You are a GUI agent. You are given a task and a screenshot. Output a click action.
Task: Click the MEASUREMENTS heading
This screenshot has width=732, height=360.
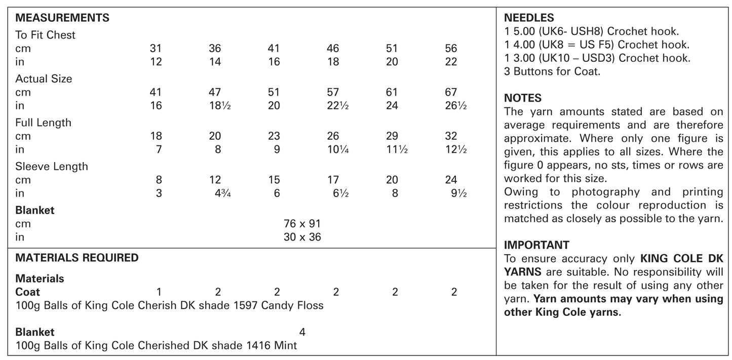pos(62,18)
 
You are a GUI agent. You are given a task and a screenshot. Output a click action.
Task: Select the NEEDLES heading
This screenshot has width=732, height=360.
pos(529,18)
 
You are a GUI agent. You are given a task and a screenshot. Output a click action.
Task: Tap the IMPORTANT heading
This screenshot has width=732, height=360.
pos(536,245)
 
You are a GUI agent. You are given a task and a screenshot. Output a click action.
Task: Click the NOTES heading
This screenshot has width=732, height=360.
pos(523,98)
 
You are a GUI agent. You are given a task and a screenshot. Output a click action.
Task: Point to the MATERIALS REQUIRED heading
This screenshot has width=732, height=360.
pos(76,258)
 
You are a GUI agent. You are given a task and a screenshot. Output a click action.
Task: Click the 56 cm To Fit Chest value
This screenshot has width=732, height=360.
pos(451,49)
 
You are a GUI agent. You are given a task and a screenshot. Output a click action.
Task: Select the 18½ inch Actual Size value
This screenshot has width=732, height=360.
pos(219,106)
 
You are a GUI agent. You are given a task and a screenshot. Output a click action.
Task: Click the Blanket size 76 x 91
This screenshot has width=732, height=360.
pos(302,224)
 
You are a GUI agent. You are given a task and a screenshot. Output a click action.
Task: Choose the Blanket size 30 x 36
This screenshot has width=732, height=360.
pos(302,237)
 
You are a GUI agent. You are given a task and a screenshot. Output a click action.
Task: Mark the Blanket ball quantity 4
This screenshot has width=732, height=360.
pos(302,332)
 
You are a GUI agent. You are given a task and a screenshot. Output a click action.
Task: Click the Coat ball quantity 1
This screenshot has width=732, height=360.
pos(159,292)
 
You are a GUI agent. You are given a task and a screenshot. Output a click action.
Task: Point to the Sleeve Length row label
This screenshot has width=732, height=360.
pos(51,167)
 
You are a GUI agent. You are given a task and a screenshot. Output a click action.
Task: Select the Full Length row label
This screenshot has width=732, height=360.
pos(43,123)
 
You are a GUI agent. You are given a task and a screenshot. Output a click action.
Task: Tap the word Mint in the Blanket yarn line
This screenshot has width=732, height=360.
pos(285,346)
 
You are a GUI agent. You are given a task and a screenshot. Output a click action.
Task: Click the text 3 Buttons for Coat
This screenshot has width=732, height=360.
pos(552,71)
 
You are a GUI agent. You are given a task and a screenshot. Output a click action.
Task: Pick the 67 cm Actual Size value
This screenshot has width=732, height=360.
pos(451,92)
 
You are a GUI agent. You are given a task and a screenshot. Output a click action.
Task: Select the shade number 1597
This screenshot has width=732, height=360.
pos(245,305)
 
